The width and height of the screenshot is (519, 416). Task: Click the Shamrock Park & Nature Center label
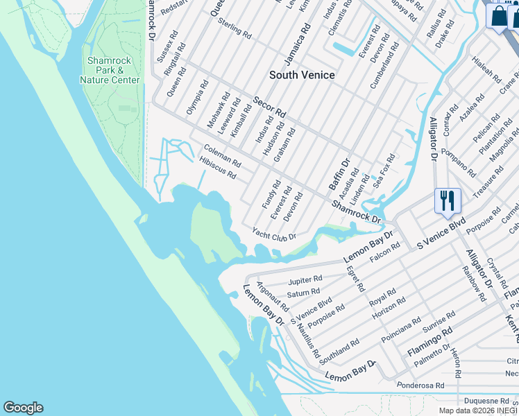tap(110, 70)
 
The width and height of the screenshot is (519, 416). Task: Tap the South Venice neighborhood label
tap(302, 75)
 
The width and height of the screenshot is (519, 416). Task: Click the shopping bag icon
tap(498, 16)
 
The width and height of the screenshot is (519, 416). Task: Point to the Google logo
tap(23, 408)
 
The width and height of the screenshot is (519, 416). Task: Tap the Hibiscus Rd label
tap(217, 166)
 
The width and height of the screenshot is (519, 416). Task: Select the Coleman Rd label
tap(222, 156)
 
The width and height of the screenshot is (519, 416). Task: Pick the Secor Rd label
tap(269, 107)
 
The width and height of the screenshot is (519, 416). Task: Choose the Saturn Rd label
tap(303, 293)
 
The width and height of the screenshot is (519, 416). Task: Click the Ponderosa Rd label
tap(418, 385)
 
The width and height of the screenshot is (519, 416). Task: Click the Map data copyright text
tap(478, 410)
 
